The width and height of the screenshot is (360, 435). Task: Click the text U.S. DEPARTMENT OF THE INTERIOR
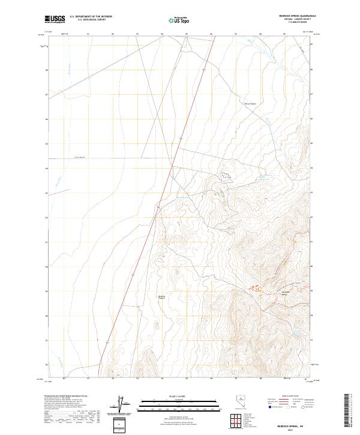click(x=91, y=16)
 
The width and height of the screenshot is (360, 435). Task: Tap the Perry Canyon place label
click(x=250, y=102)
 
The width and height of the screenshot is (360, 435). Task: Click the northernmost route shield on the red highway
click(x=204, y=70)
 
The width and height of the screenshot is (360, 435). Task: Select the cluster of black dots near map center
click(x=227, y=175)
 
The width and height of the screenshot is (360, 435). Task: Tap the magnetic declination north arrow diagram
click(x=120, y=403)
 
